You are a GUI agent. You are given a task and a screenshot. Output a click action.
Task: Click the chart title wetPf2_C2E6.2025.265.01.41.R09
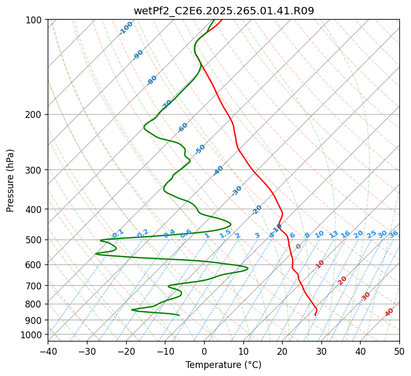pyautogui.click(x=223, y=11)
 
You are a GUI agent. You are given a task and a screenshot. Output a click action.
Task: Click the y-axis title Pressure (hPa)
pyautogui.click(x=11, y=181)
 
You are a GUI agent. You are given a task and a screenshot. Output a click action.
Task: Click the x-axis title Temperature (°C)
pyautogui.click(x=223, y=365)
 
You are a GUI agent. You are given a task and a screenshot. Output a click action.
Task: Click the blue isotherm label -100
pyautogui.click(x=126, y=28)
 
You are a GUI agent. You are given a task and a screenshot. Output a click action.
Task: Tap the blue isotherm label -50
pyautogui.click(x=199, y=149)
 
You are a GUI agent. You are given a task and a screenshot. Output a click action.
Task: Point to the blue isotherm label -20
pyautogui.click(x=257, y=210)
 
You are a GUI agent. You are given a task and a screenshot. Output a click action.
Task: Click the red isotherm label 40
pyautogui.click(x=389, y=312)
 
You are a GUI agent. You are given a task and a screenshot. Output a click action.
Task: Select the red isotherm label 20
pyautogui.click(x=343, y=280)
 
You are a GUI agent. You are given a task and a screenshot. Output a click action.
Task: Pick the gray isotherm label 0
pyautogui.click(x=299, y=246)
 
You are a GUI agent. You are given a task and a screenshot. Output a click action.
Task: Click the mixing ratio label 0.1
pyautogui.click(x=118, y=233)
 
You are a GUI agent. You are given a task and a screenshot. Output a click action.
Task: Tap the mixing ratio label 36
pyautogui.click(x=393, y=234)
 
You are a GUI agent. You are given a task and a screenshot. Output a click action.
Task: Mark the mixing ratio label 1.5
pyautogui.click(x=225, y=233)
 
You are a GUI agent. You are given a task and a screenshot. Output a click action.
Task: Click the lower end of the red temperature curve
pyautogui.click(x=315, y=315)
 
